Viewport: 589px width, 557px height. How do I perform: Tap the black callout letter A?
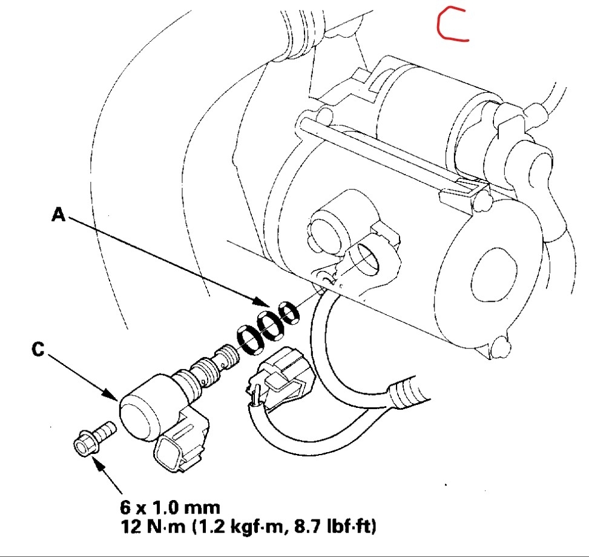tap(58, 215)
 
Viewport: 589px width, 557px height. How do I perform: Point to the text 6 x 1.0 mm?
tap(169, 507)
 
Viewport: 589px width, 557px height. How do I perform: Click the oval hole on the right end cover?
tap(493, 267)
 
